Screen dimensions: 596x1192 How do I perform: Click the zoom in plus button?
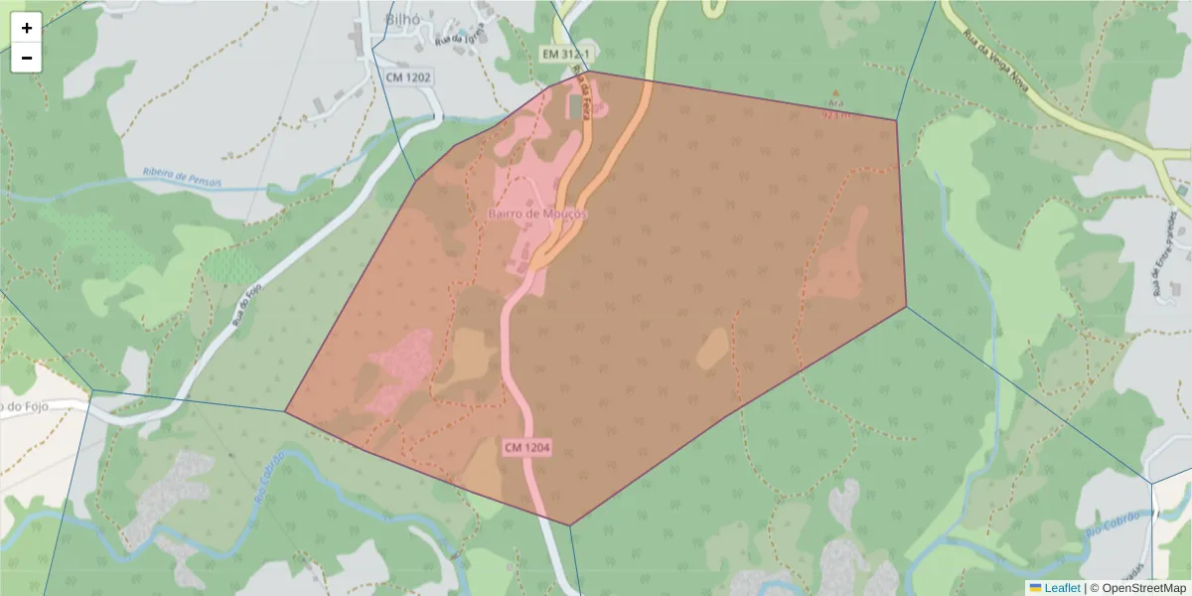27,28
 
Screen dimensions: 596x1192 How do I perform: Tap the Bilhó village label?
402,20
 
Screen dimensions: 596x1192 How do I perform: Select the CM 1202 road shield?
408,76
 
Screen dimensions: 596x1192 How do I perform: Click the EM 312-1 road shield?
567,53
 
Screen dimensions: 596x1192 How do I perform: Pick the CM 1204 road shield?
526,448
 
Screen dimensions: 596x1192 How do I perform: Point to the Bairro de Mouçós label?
537,214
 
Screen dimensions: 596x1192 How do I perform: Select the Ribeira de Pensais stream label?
183,177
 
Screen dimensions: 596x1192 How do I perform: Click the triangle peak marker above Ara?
834,93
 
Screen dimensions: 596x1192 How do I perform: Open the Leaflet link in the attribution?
1062,588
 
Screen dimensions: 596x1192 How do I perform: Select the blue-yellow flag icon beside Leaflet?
1035,588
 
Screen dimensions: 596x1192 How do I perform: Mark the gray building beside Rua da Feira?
575,105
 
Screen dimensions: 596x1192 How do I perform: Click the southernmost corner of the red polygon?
569,524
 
